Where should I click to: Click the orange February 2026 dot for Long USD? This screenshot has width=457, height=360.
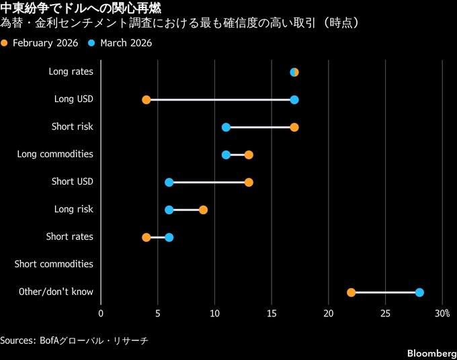(x=147, y=100)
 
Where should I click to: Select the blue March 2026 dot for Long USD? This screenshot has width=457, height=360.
(x=294, y=100)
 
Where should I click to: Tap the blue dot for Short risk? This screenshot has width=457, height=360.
(x=226, y=128)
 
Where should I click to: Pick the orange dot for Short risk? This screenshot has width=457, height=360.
(x=294, y=128)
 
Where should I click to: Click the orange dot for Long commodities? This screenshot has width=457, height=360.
(x=249, y=155)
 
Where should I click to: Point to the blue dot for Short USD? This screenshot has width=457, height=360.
(x=169, y=183)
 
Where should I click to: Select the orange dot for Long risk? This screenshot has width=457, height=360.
(x=203, y=210)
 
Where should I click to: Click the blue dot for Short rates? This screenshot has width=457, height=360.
(x=169, y=237)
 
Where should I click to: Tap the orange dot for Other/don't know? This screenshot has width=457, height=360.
(x=351, y=292)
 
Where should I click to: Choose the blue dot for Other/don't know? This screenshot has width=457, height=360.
(x=419, y=292)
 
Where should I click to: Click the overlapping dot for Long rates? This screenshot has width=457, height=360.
(x=294, y=73)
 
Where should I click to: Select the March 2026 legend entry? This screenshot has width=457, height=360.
(x=121, y=43)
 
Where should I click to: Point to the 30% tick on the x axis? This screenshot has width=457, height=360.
(x=442, y=314)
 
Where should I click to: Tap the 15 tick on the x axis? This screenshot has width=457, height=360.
(x=272, y=314)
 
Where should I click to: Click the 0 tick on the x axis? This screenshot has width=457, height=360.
(x=101, y=314)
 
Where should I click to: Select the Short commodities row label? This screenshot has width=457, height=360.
(x=54, y=265)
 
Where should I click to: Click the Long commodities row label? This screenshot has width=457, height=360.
(x=55, y=154)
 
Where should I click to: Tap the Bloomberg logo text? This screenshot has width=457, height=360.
(x=427, y=353)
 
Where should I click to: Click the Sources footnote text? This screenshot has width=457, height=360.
(x=74, y=341)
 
